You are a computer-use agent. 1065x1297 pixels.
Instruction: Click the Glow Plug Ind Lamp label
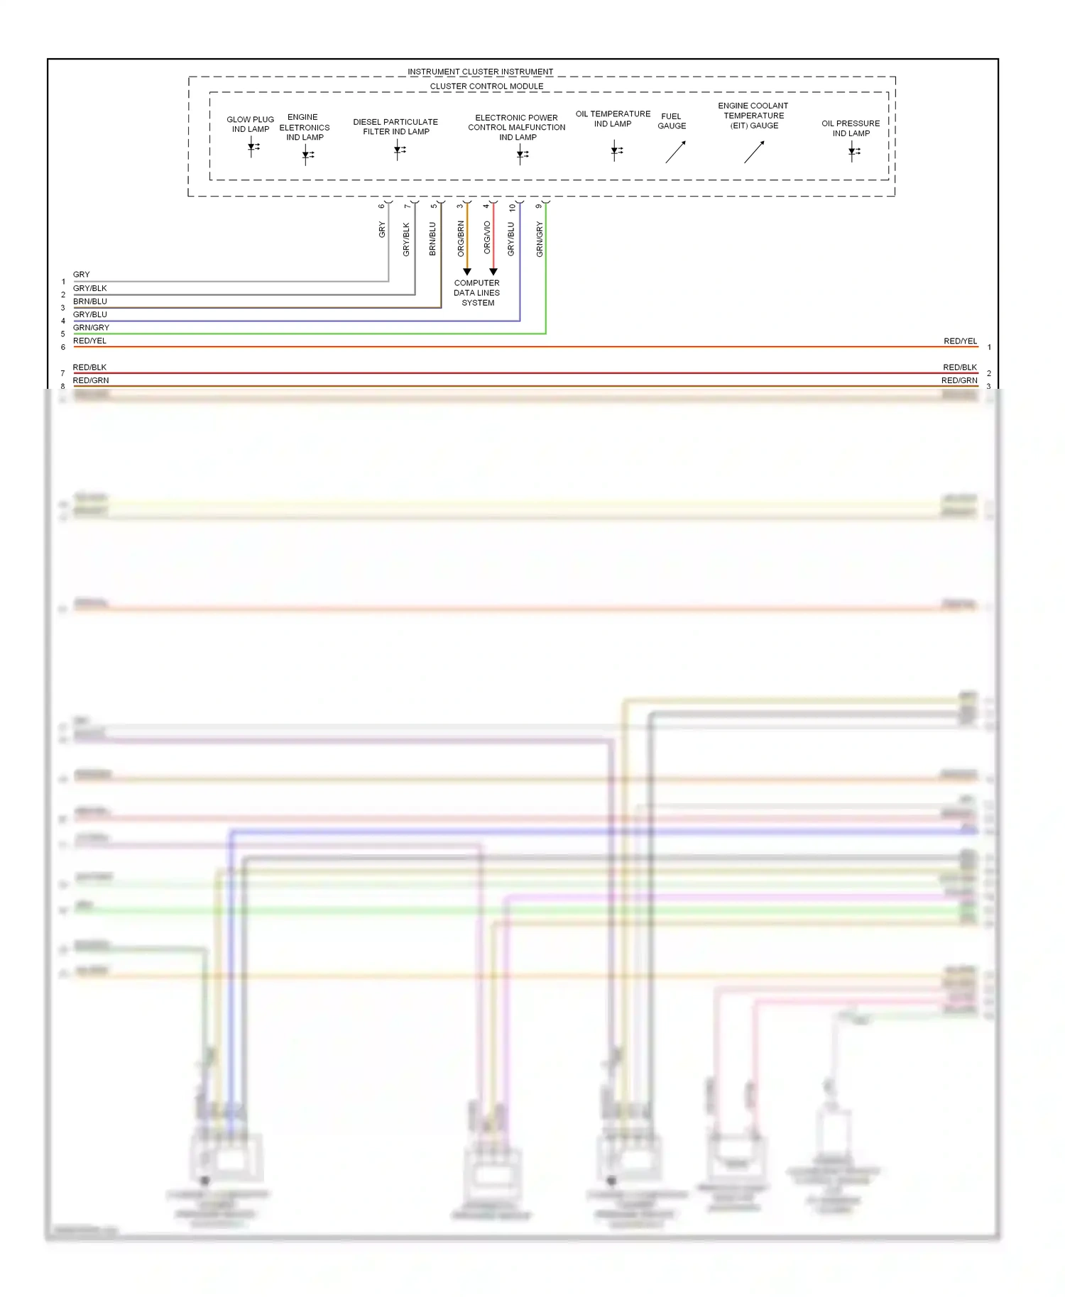point(250,124)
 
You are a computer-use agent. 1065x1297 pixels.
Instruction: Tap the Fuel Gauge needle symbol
point(675,152)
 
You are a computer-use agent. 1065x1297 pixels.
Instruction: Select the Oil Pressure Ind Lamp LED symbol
point(853,151)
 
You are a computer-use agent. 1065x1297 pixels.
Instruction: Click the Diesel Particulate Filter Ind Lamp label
point(395,126)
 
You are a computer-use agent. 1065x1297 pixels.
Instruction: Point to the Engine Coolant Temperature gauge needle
point(754,152)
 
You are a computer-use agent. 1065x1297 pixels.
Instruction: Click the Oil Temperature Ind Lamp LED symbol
point(616,150)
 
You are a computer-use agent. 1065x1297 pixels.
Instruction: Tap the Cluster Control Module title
point(486,87)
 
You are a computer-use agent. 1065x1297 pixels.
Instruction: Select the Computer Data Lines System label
point(477,292)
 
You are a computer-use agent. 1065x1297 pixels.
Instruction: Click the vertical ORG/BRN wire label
point(461,238)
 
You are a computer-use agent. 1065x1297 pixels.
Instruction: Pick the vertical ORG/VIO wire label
point(487,238)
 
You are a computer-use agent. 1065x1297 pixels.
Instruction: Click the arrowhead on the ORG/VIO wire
point(493,272)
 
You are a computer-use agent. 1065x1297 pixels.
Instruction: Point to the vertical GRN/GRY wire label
point(540,239)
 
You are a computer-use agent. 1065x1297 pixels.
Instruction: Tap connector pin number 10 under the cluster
point(512,208)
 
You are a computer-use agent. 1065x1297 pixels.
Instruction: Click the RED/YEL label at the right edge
point(960,341)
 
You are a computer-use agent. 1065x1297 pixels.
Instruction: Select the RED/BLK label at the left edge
point(89,368)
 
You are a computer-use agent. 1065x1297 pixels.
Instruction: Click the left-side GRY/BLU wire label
point(90,314)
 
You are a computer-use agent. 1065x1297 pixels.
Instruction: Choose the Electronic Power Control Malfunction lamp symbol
point(522,154)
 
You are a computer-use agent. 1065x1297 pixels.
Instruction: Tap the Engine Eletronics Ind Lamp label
point(304,127)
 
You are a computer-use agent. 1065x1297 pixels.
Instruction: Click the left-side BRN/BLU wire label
point(90,302)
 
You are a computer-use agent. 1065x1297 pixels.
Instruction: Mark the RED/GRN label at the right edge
point(959,380)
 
